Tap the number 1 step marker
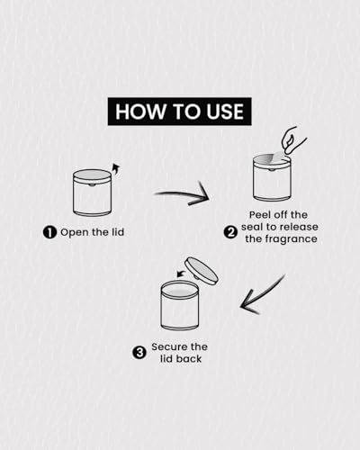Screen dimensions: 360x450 tap(49, 232)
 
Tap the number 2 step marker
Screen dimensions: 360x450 tap(230, 232)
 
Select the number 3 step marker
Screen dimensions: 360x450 tap(139, 353)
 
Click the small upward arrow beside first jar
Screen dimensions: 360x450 tap(115, 170)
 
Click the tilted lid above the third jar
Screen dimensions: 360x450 tap(202, 271)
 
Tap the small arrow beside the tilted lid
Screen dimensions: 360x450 tap(181, 274)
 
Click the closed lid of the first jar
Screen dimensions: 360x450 tap(92, 175)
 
